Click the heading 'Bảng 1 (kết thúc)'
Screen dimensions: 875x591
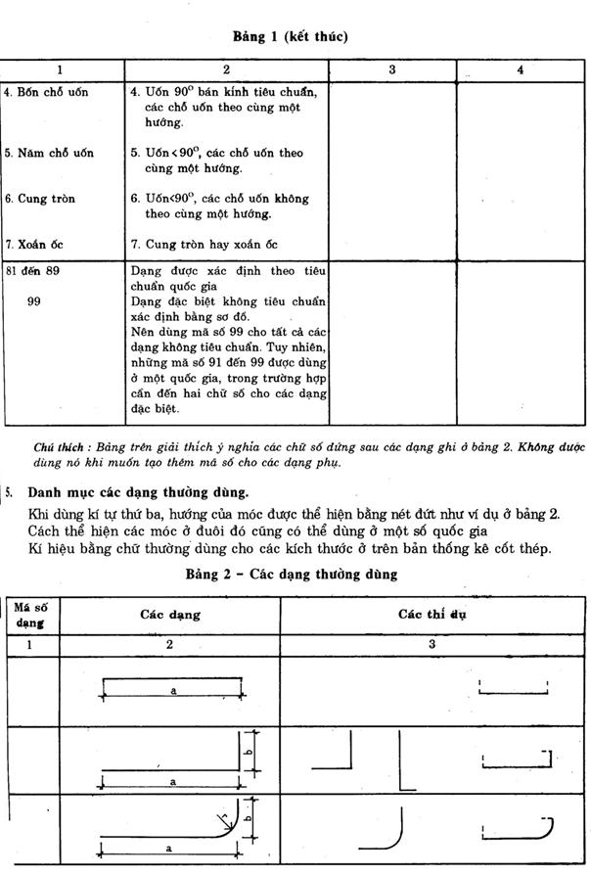(x=291, y=36)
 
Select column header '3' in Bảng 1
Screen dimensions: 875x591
(x=391, y=70)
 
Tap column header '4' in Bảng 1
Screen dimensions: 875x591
(x=520, y=70)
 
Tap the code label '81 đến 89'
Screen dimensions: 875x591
(x=32, y=270)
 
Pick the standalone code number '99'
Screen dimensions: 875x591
(x=34, y=301)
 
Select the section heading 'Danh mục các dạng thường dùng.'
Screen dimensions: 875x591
(x=138, y=491)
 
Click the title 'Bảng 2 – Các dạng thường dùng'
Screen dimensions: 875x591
(x=291, y=575)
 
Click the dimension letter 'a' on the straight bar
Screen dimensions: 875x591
(x=172, y=691)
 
